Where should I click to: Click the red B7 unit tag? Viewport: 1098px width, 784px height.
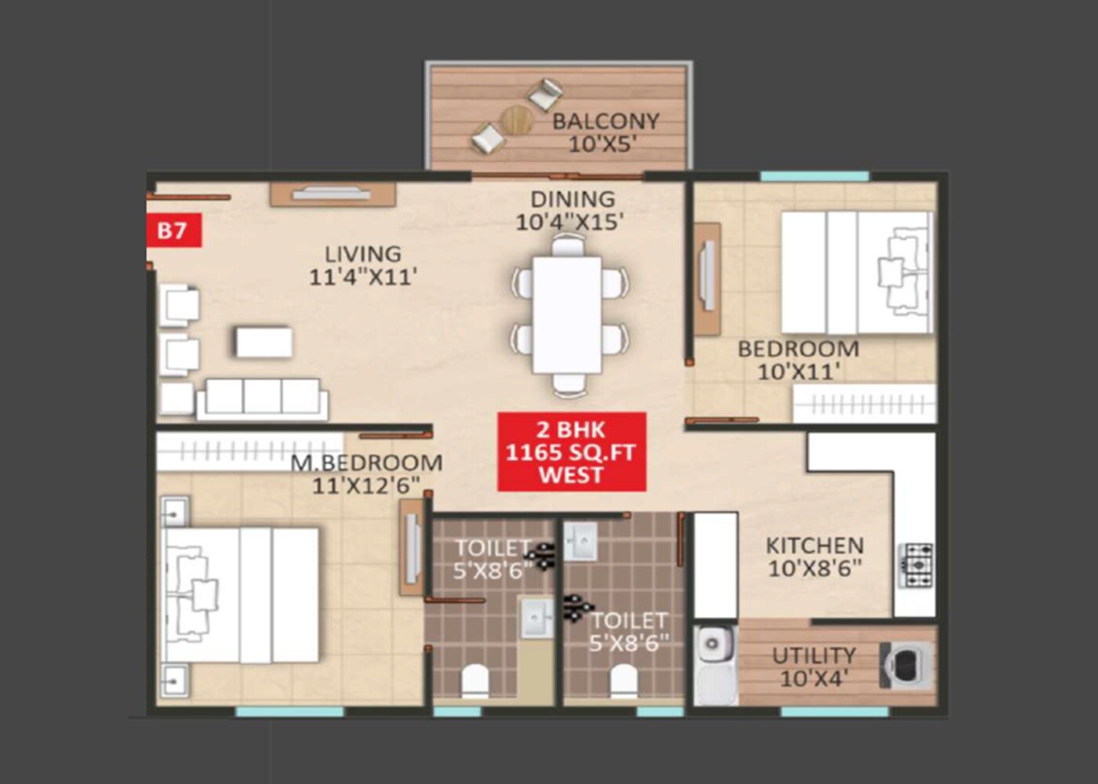pyautogui.click(x=173, y=230)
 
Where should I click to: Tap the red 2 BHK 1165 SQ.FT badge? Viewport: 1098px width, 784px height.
pyautogui.click(x=571, y=452)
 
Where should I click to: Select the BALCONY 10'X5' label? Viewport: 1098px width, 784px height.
pyautogui.click(x=605, y=132)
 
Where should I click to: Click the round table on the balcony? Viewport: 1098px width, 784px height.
pyautogui.click(x=517, y=120)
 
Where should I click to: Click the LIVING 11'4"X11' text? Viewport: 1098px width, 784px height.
pyautogui.click(x=362, y=265)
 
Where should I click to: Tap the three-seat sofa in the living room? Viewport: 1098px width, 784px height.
pyautogui.click(x=262, y=397)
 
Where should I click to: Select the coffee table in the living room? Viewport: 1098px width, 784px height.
pyautogui.click(x=264, y=343)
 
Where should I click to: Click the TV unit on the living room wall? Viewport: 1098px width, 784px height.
pyautogui.click(x=332, y=194)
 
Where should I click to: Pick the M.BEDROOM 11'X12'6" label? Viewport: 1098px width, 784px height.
pyautogui.click(x=366, y=474)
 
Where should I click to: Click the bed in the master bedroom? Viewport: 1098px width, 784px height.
pyautogui.click(x=239, y=595)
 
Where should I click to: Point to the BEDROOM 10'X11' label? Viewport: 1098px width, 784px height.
pyautogui.click(x=798, y=360)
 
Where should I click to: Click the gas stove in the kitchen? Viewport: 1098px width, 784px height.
pyautogui.click(x=915, y=565)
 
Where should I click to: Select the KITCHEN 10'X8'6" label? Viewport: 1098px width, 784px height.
pyautogui.click(x=814, y=557)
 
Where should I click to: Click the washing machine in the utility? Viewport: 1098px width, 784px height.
pyautogui.click(x=907, y=666)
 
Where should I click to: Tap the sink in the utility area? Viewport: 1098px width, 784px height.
pyautogui.click(x=714, y=646)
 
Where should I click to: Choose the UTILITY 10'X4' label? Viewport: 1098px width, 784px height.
pyautogui.click(x=813, y=666)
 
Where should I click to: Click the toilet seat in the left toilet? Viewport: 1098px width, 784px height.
pyautogui.click(x=475, y=681)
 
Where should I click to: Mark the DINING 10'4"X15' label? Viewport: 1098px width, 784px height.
pyautogui.click(x=571, y=210)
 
